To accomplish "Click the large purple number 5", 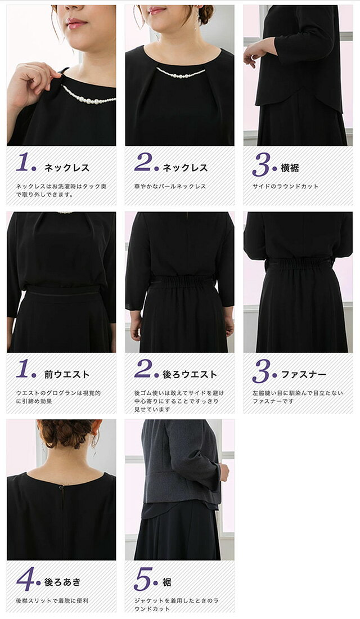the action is (143, 579).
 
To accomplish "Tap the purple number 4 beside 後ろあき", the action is (26, 579).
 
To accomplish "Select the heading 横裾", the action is (290, 168).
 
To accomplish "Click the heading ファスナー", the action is (304, 374).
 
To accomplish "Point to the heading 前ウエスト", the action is (67, 374).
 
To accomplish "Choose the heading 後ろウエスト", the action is (190, 374).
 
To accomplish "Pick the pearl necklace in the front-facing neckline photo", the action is (181, 73).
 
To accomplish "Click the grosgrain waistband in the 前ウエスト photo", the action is (62, 290).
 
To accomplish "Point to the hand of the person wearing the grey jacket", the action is (224, 472).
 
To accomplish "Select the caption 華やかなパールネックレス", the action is (170, 186).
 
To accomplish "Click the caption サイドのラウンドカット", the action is (285, 186).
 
